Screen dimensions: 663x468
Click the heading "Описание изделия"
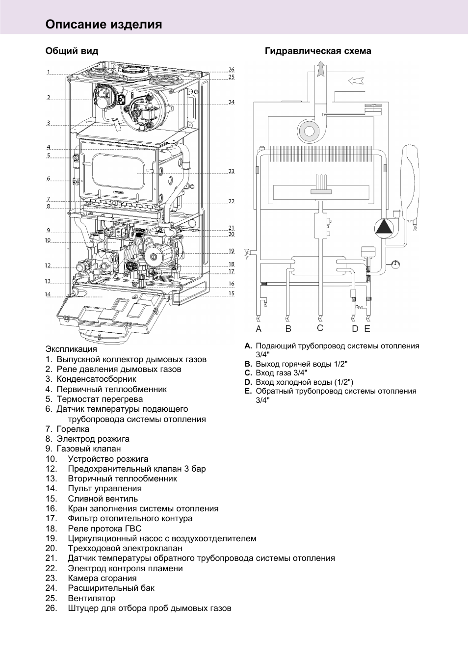coord(104,25)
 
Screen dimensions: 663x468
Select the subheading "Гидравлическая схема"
coord(318,51)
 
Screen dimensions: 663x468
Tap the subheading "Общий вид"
coord(72,51)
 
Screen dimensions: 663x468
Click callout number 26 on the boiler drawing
coord(232,70)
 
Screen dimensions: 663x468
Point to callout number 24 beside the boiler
coord(232,102)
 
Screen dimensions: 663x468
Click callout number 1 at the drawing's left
coord(49,73)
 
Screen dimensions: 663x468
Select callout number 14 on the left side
coord(48,294)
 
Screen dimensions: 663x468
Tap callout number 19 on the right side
coord(232,251)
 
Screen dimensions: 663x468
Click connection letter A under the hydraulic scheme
coord(259,329)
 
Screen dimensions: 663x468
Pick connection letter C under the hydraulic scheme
coord(320,328)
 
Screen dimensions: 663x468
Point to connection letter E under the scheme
coord(367,329)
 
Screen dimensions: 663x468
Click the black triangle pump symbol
coord(384,227)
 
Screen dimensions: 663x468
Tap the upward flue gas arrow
coord(320,69)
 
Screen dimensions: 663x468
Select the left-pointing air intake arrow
coord(356,80)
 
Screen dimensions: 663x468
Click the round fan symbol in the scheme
coord(309,131)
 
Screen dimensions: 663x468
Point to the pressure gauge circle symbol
coord(395,264)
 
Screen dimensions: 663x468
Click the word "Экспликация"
coord(71,349)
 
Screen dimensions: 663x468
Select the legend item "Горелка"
coord(73,429)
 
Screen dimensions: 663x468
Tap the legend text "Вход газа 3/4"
coord(281,373)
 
